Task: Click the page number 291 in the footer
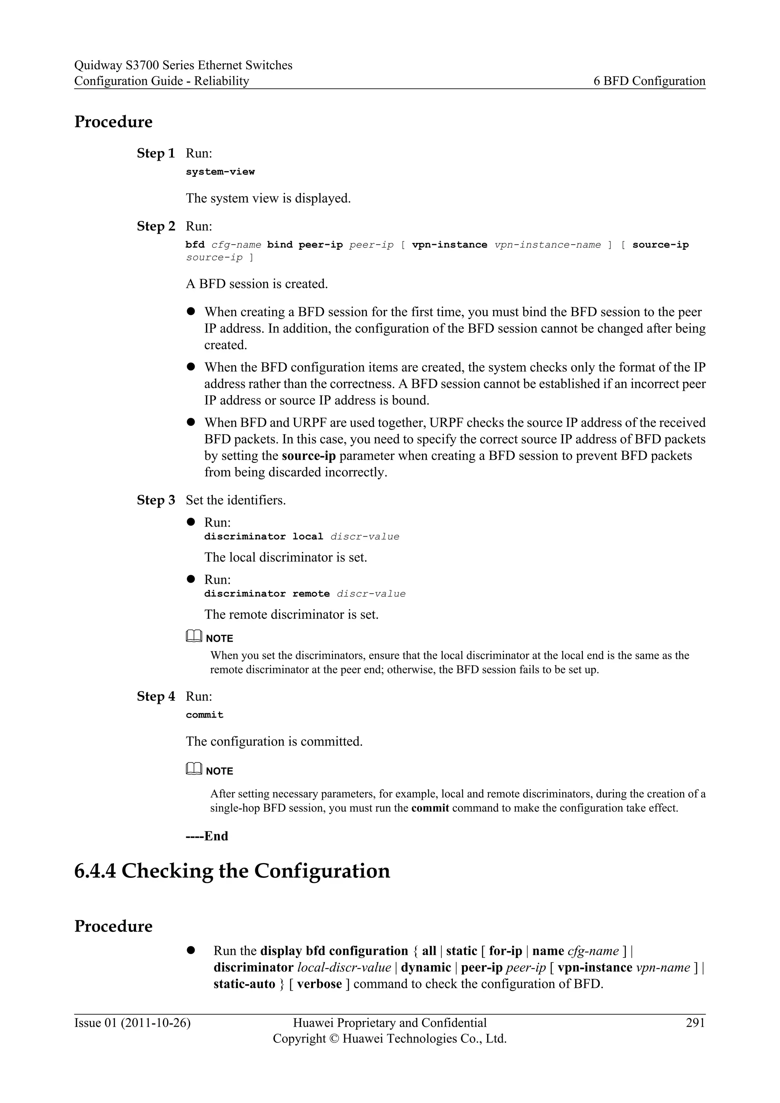[695, 1023]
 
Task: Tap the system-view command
[220, 172]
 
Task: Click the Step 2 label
[156, 226]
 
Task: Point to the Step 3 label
[156, 500]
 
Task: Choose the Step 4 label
[156, 696]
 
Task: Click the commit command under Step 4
[205, 715]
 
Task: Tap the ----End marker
[206, 836]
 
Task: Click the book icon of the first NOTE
[193, 637]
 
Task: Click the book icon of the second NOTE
[193, 770]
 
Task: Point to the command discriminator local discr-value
[302, 537]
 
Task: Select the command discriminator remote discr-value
[305, 594]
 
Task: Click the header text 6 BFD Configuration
[649, 81]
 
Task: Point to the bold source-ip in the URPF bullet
[308, 456]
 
